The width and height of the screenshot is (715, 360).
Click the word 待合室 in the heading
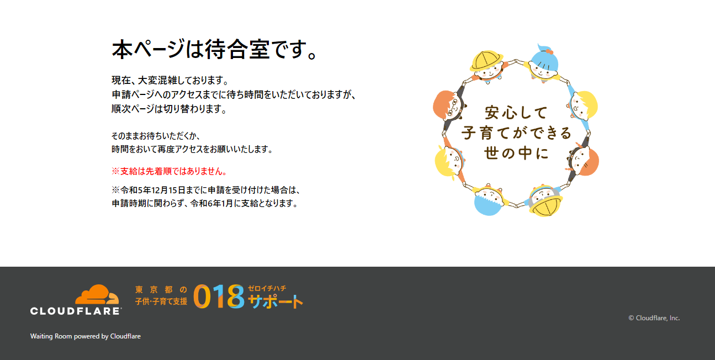click(x=237, y=50)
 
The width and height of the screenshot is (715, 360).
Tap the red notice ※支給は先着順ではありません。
click(x=170, y=171)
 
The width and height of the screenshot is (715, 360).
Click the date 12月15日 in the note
click(x=168, y=190)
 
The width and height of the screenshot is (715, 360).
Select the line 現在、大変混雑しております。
click(x=170, y=80)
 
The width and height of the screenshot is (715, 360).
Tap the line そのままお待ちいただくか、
click(x=156, y=136)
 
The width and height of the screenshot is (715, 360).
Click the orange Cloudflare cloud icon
click(x=97, y=294)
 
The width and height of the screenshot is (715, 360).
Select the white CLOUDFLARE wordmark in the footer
click(x=76, y=311)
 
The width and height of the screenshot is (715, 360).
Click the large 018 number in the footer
click(x=219, y=297)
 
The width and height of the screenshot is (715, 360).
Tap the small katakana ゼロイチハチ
click(x=267, y=288)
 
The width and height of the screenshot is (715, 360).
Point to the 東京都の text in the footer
click(x=161, y=289)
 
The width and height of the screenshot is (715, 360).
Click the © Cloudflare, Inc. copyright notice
click(x=654, y=318)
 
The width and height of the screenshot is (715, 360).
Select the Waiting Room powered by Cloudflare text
click(x=86, y=336)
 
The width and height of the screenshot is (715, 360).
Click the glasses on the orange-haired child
click(x=453, y=108)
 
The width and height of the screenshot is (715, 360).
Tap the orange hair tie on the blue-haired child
click(x=549, y=52)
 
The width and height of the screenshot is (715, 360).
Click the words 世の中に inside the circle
click(x=516, y=153)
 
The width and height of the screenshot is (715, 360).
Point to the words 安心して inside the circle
click(x=516, y=113)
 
